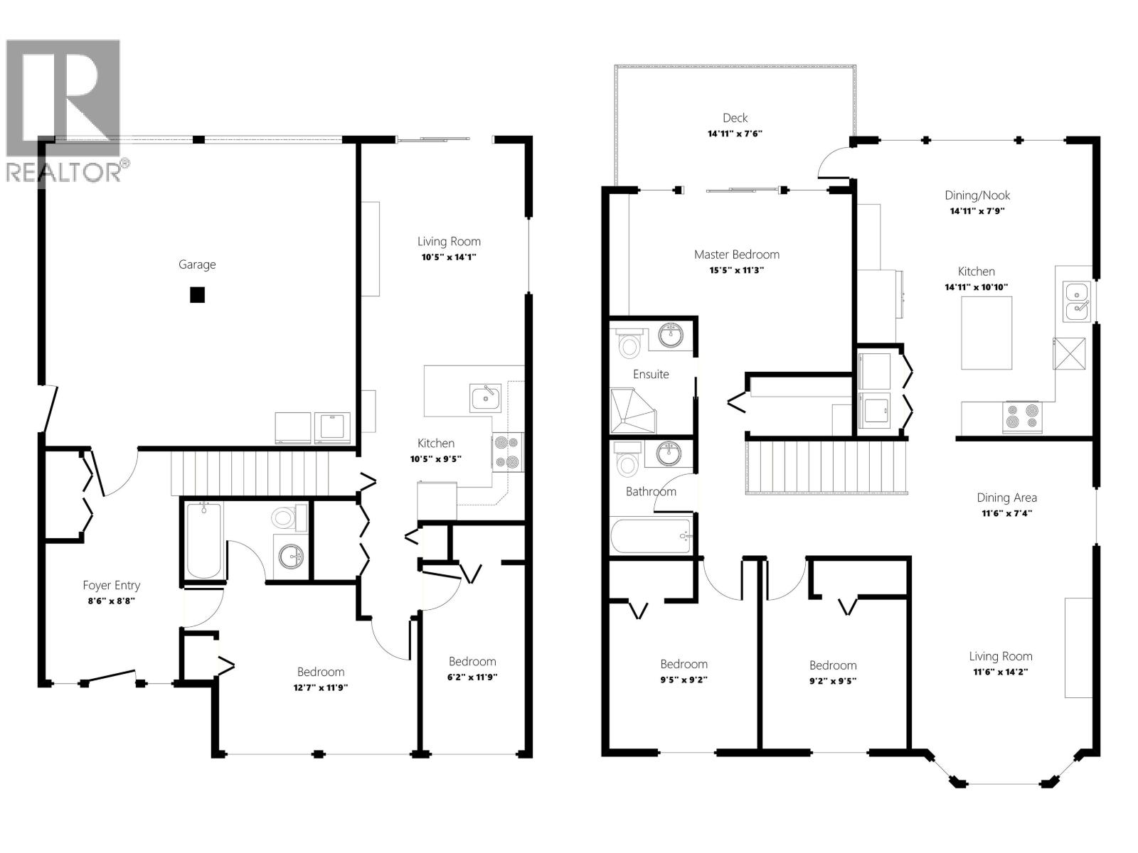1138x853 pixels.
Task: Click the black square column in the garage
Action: pos(197,294)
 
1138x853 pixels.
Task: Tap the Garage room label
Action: pos(197,264)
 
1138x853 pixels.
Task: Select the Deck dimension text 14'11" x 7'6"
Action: pos(735,134)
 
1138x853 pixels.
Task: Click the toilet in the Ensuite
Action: pos(629,344)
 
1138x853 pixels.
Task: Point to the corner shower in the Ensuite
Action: pos(634,411)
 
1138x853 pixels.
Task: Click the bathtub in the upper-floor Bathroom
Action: pos(651,537)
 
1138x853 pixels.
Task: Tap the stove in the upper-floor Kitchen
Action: pos(1022,417)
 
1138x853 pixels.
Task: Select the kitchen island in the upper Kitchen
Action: pos(987,333)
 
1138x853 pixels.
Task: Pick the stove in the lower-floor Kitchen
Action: pos(508,453)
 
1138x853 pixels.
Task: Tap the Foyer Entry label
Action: pos(112,585)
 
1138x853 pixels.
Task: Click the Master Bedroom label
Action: pos(736,254)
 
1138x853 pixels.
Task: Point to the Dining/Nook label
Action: pos(977,195)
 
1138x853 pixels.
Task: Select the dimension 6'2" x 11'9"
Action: pos(472,677)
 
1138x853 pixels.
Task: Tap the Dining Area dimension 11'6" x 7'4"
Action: pos(1006,513)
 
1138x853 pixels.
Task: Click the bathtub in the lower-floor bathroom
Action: pos(204,541)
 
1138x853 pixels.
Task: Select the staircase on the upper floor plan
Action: pos(828,466)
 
